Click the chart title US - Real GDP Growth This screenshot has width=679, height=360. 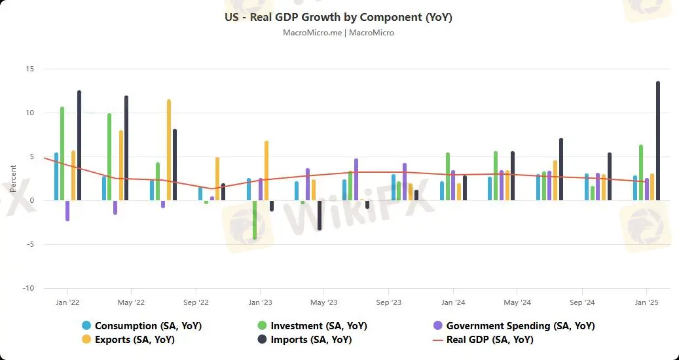tap(339, 18)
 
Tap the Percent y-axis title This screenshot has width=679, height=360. tap(14, 178)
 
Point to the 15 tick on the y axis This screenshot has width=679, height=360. tap(29, 69)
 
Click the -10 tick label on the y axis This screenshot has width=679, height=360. tap(28, 288)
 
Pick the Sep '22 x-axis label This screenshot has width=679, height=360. tap(195, 302)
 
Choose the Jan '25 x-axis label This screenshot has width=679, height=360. tap(647, 302)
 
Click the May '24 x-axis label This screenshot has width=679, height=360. tap(517, 302)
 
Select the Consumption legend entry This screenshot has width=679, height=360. tap(148, 325)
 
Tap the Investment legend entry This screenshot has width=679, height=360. tap(318, 325)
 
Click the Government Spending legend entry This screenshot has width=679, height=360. tap(520, 325)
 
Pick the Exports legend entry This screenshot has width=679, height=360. tap(134, 340)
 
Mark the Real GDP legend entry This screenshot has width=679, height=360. tap(489, 340)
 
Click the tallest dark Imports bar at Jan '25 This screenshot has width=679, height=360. tap(658, 141)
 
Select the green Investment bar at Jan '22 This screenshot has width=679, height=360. tap(62, 153)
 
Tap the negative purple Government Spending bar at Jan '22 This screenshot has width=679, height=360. tap(67, 211)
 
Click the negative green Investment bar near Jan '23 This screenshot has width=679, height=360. tap(254, 220)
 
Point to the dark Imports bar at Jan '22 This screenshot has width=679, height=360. tap(79, 145)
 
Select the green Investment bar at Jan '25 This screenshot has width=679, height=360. tap(641, 173)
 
